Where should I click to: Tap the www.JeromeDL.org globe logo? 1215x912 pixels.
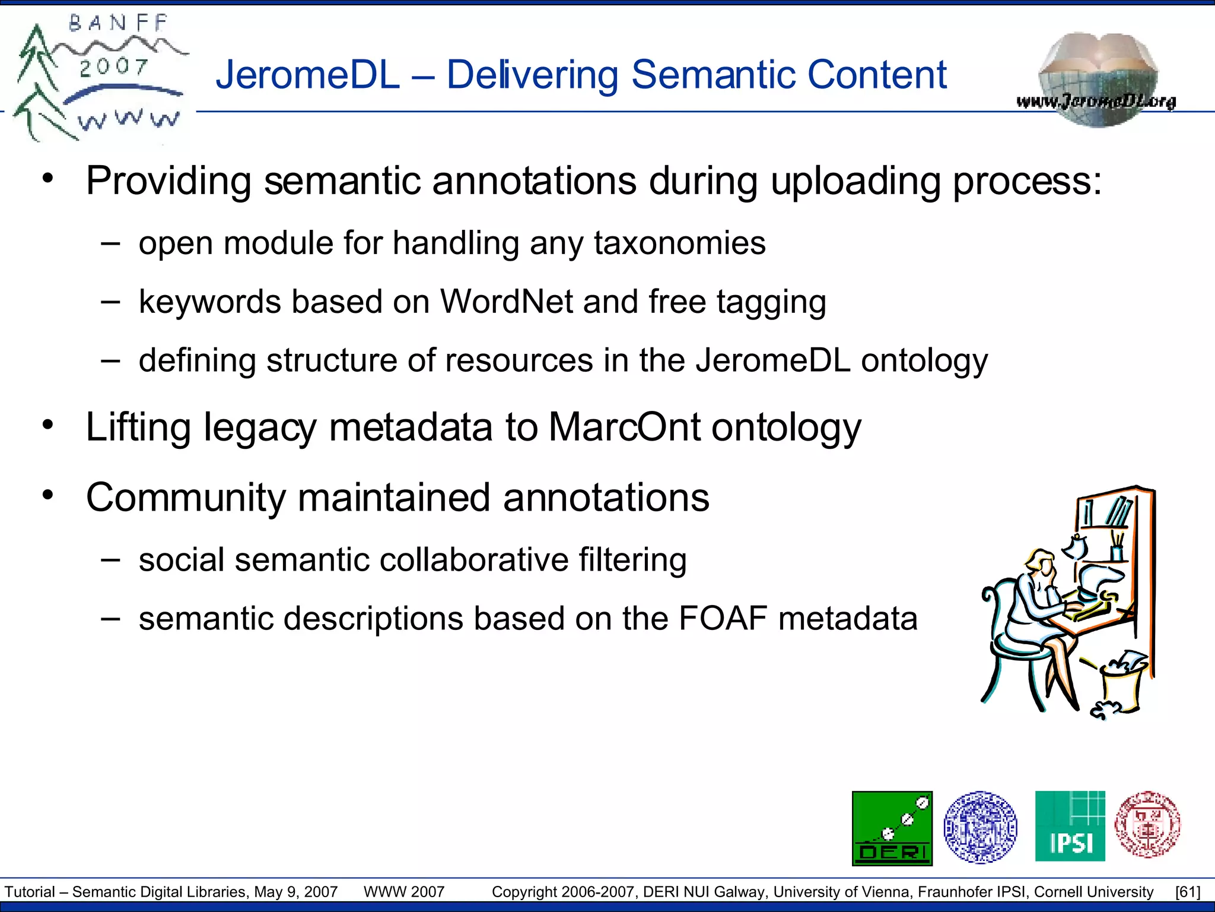pos(1098,80)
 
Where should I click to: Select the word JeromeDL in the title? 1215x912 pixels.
pos(307,75)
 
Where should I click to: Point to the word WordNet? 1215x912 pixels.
pos(506,302)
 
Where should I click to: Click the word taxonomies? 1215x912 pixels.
pos(679,243)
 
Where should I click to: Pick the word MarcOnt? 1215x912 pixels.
pos(624,427)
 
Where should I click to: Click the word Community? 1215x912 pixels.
pos(186,498)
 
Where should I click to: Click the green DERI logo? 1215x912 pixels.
pos(892,828)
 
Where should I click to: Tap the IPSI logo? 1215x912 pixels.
pos(1070,826)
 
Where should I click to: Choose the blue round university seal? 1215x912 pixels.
pos(980,826)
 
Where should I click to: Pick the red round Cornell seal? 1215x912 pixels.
pos(1147,825)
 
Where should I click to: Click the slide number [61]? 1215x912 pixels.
pos(1187,892)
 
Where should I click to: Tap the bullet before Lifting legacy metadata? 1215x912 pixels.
pos(48,426)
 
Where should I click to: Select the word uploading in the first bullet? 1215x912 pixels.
pos(855,180)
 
